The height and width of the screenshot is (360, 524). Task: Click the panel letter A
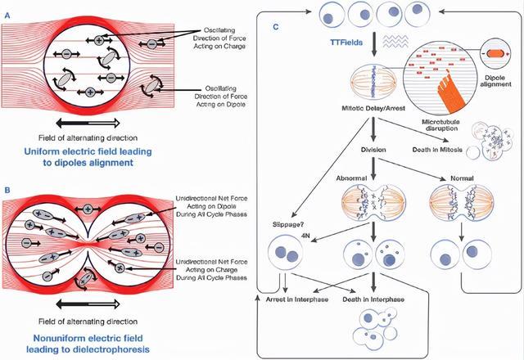pos(8,8)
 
